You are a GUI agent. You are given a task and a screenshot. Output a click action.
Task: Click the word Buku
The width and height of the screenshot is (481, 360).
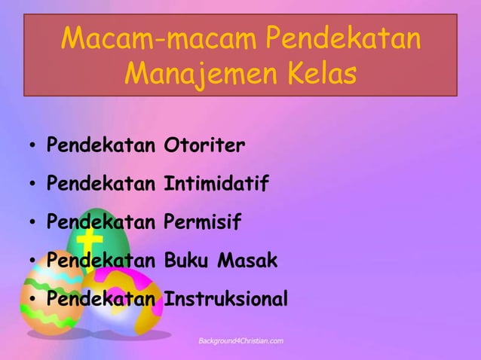(x=188, y=261)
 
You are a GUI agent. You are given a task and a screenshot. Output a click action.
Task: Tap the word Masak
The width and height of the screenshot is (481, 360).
(x=248, y=261)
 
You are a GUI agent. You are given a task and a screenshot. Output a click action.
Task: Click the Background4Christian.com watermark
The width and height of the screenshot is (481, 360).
(x=240, y=341)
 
